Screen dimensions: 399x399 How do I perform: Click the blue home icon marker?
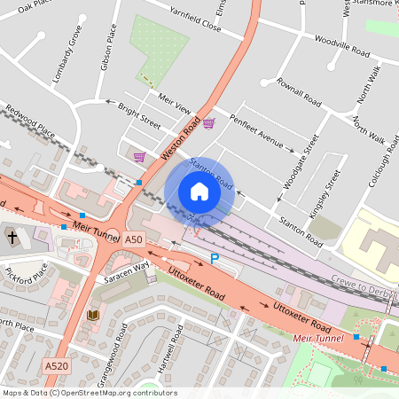point(199,192)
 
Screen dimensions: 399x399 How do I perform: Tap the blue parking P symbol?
point(214,258)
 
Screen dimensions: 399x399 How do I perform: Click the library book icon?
point(93,315)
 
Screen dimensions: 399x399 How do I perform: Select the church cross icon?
point(12,237)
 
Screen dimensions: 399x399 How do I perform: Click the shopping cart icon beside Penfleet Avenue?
point(208,123)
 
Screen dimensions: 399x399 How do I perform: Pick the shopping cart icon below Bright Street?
point(139,157)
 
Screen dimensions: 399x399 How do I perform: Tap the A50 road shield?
point(133,239)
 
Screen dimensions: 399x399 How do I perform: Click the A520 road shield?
point(55,364)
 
